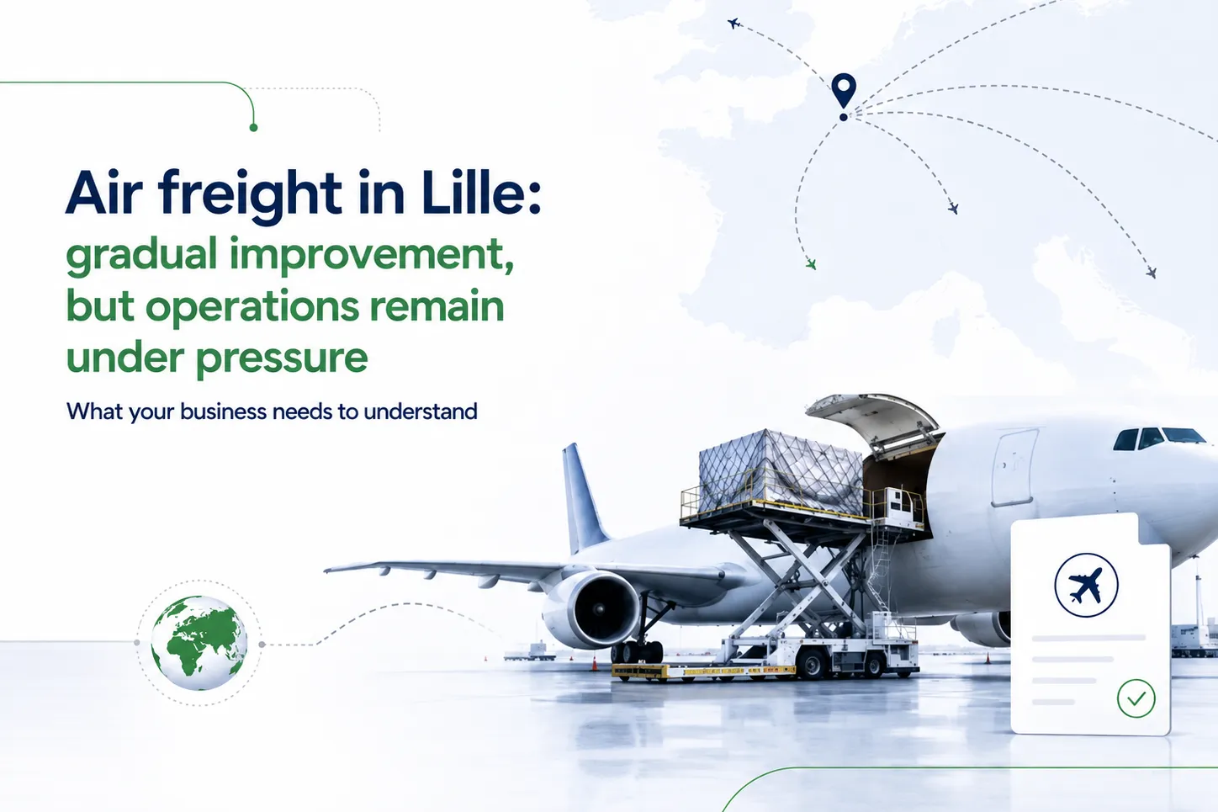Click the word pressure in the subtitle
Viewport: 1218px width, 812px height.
click(x=282, y=359)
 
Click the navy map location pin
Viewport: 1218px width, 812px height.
click(x=844, y=91)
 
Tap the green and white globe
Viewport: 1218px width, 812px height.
click(x=199, y=644)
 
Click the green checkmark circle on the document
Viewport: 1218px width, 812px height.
click(x=1136, y=698)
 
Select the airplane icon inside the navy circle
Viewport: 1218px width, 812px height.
click(x=1085, y=585)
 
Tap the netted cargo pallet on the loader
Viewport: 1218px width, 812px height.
click(x=781, y=472)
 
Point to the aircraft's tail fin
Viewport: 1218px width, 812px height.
click(x=582, y=496)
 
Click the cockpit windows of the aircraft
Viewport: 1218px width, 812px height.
click(x=1158, y=438)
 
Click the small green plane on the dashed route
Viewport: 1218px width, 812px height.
click(x=811, y=264)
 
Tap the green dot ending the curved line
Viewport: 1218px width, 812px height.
click(x=253, y=128)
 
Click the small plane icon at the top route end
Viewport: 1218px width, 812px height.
click(x=733, y=24)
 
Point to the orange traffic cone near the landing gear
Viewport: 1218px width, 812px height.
click(x=595, y=664)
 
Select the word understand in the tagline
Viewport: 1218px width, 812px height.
click(x=421, y=411)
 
